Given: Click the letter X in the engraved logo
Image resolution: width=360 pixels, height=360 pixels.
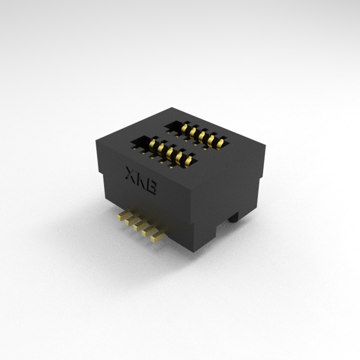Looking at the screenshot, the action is point(131,173).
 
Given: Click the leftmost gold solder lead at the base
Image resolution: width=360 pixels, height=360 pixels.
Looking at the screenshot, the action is point(124,216).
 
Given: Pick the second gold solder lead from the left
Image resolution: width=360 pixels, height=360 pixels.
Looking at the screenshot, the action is point(132,220).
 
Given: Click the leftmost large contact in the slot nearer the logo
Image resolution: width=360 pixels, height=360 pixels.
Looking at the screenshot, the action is point(153,144).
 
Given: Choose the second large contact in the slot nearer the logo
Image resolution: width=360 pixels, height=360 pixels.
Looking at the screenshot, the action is point(161,149).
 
